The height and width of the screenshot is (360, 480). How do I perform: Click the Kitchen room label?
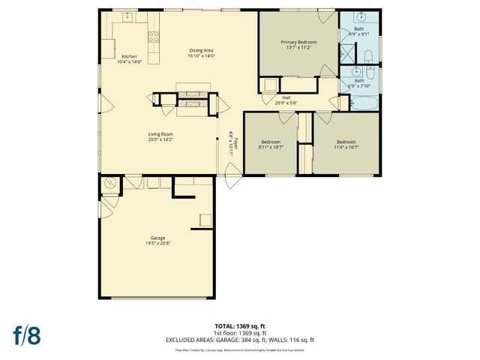pyautogui.click(x=129, y=58)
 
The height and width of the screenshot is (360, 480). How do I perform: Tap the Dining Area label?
pyautogui.click(x=201, y=53)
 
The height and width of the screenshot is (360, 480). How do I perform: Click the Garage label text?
pyautogui.click(x=157, y=240)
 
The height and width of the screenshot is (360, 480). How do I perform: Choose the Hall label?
pyautogui.click(x=286, y=99)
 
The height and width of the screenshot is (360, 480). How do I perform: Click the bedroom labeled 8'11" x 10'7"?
pyautogui.click(x=271, y=144)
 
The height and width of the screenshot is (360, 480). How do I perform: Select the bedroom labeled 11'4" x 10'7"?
pyautogui.click(x=346, y=144)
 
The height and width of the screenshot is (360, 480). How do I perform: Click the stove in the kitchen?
pyautogui.click(x=154, y=35)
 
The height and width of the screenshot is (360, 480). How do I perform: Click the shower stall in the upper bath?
pyautogui.click(x=346, y=54)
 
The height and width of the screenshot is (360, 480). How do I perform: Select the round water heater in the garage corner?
pyautogui.click(x=109, y=182)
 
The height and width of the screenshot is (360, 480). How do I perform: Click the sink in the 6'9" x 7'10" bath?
pyautogui.click(x=357, y=73)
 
